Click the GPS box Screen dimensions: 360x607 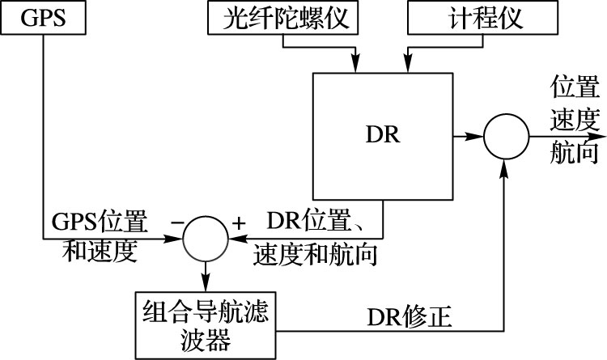[x=42, y=18]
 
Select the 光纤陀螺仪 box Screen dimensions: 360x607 [x=281, y=19]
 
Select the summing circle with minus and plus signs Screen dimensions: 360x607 [x=205, y=239]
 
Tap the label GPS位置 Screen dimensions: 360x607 [x=99, y=220]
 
